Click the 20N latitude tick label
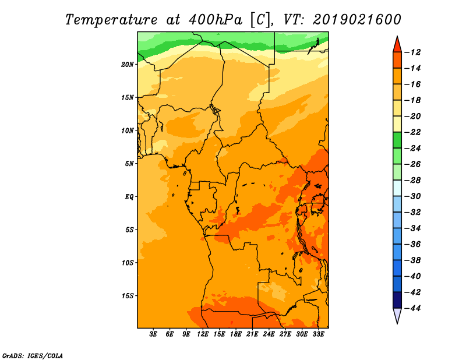click(x=128, y=64)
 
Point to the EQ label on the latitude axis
click(x=129, y=197)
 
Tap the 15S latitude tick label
click(x=128, y=296)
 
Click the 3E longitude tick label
click(x=154, y=334)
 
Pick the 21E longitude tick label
click(x=252, y=334)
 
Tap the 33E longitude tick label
click(x=318, y=334)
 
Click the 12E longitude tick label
click(x=203, y=334)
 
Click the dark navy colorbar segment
click(x=397, y=299)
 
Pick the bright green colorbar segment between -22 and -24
click(x=397, y=140)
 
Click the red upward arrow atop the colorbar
click(x=397, y=44)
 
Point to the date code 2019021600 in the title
click(x=357, y=19)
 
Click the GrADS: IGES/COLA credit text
click(x=32, y=355)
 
